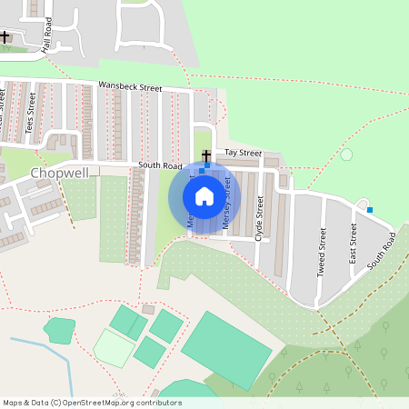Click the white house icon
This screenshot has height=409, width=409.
[x=204, y=195]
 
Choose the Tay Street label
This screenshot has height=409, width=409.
[x=243, y=154]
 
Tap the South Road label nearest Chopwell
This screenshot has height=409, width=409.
[x=160, y=165]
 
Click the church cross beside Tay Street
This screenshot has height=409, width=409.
[x=206, y=155]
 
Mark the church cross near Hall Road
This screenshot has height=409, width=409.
[x=5, y=37]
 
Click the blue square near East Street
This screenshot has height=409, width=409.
[x=370, y=210]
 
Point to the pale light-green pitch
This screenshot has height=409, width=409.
[x=114, y=347]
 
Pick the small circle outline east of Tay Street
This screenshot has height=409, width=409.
[x=346, y=155]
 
